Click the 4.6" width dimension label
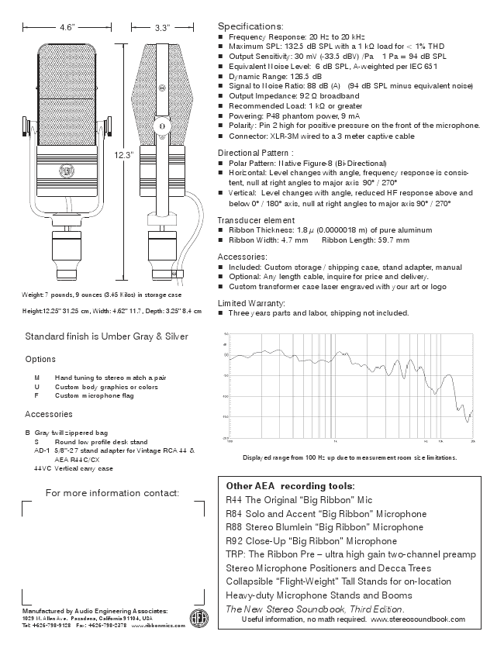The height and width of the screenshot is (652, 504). (67, 27)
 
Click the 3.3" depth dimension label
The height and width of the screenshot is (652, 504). (162, 27)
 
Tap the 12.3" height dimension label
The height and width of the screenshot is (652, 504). (126, 154)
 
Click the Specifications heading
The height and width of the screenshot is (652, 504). (251, 26)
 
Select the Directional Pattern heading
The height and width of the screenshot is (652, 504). (256, 153)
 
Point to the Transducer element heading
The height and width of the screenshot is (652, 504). (256, 219)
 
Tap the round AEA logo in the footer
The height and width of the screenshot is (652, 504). (200, 618)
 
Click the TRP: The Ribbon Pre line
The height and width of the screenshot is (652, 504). (350, 554)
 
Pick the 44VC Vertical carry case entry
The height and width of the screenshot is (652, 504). (74, 468)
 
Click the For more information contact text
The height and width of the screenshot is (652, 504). (112, 493)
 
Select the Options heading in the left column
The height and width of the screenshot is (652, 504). (40, 360)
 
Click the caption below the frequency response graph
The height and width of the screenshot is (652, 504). (350, 457)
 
